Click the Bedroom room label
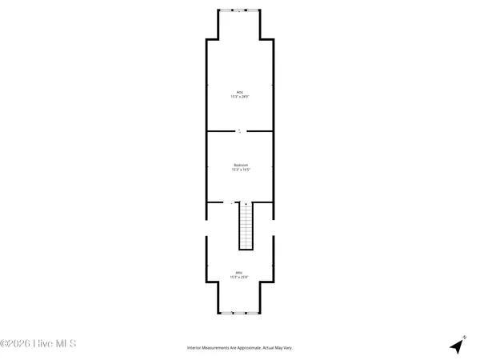click(240, 165)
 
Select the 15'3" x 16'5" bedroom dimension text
click(240, 170)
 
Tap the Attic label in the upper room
click(240, 92)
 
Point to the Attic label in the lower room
click(240, 272)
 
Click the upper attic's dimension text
click(240, 97)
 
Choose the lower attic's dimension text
click(240, 277)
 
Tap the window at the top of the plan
click(239, 10)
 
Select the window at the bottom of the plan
click(239, 310)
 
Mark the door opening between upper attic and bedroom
click(239, 130)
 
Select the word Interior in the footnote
click(194, 348)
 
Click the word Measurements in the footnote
click(216, 348)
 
